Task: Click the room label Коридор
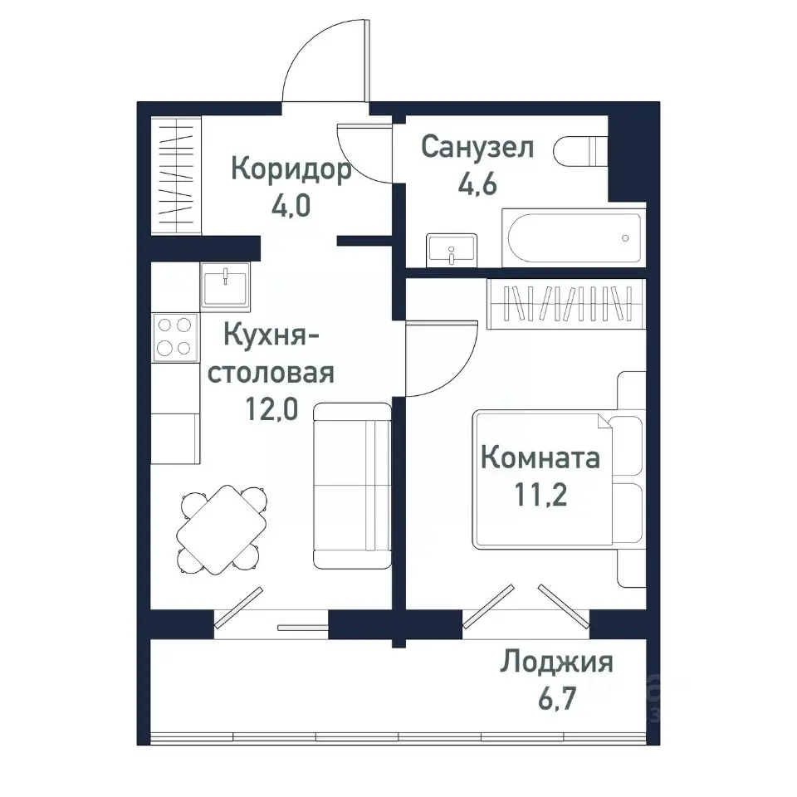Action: pos(291,169)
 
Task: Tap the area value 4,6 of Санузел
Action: pos(477,183)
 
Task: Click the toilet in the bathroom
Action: pos(584,151)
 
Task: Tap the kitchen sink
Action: pos(225,285)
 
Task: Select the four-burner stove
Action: pos(175,337)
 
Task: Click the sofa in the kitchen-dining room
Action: pos(352,486)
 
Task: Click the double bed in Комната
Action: pos(556,477)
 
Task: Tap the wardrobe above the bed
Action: pos(566,305)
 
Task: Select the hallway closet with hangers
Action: pos(176,175)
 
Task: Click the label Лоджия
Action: pos(556,663)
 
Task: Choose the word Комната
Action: pos(540,458)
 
